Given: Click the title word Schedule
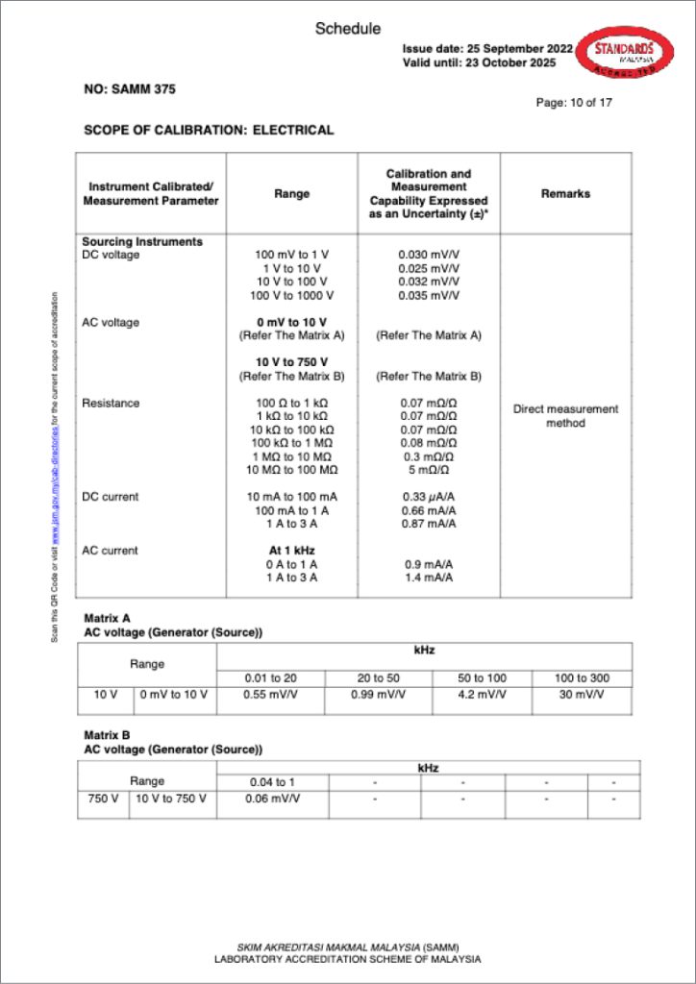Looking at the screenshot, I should coord(348,29).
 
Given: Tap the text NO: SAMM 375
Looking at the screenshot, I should coord(130,89).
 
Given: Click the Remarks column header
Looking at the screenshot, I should coord(565,193).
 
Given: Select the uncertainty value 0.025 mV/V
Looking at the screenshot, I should coord(429,268).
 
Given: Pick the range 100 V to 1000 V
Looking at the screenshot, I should coord(292,295).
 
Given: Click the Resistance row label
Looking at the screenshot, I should coord(111,403).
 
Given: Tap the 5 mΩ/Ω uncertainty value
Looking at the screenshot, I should coord(429,470).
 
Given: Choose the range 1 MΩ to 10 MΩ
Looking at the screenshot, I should coord(292,456).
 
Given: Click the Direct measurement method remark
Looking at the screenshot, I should coord(565,416).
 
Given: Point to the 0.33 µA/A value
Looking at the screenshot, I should coord(429,497).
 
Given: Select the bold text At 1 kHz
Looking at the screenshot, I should coord(292,551).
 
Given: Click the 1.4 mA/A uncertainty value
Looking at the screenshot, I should coord(429,578).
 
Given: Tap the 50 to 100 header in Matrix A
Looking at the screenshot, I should coord(482,678).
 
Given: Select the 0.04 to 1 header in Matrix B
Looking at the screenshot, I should coord(272,782).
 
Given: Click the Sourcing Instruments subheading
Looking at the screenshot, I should coord(142,242).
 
